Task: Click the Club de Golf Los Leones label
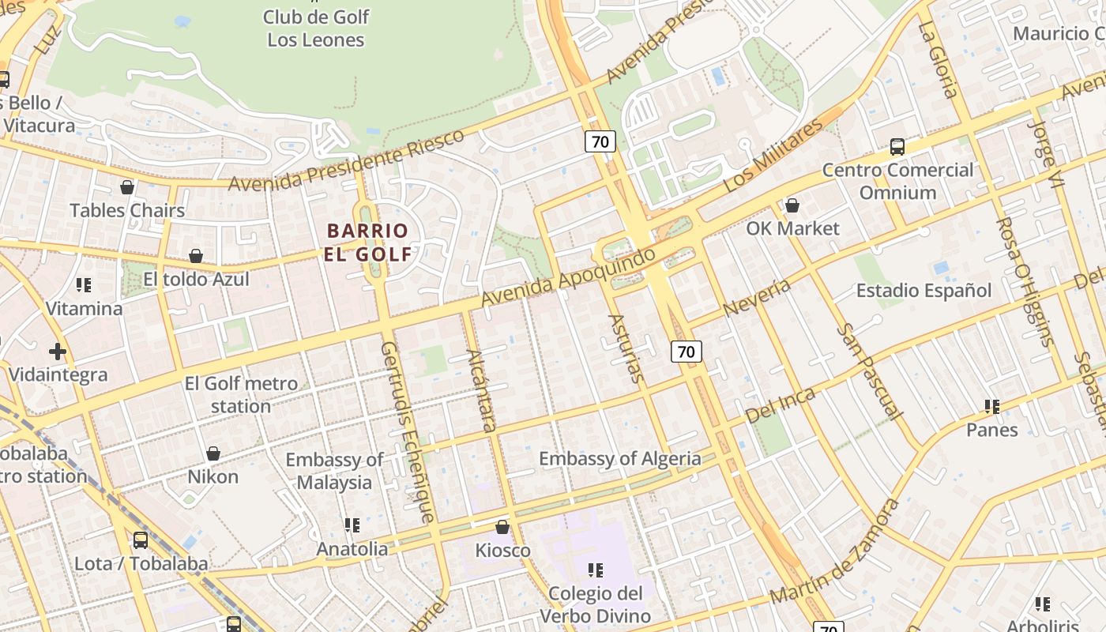(316, 28)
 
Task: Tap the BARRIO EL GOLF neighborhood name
(367, 243)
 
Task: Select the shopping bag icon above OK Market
(792, 205)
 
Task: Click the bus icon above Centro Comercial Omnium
(897, 146)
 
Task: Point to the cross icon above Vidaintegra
(57, 351)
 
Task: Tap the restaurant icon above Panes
(992, 407)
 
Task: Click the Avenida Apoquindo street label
(568, 277)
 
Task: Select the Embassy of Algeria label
(619, 458)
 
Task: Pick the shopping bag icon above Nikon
(213, 453)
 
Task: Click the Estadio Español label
(924, 291)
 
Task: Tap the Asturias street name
(626, 348)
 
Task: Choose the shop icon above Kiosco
(502, 527)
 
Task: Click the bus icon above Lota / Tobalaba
(141, 540)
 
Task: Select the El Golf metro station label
(241, 395)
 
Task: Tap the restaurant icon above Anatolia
(352, 525)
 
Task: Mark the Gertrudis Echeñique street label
(408, 431)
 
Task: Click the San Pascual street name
(869, 371)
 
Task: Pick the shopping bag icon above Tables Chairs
(126, 187)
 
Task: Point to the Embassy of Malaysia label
(334, 471)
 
